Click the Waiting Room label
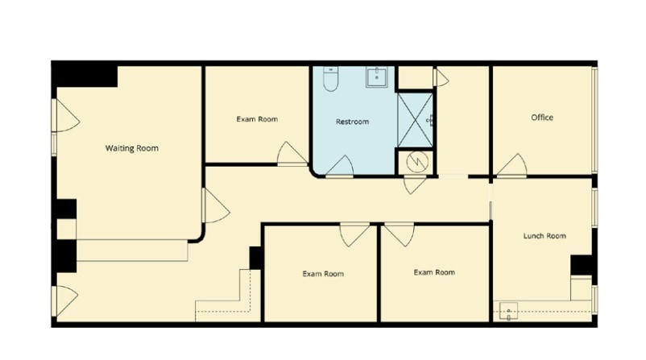pyautogui.click(x=131, y=148)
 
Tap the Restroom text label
pyautogui.click(x=352, y=122)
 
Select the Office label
pyautogui.click(x=542, y=118)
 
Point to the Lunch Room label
pyautogui.click(x=545, y=236)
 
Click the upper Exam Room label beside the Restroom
pyautogui.click(x=257, y=119)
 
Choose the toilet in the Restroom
pyautogui.click(x=330, y=78)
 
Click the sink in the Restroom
pyautogui.click(x=377, y=77)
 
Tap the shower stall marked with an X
pyautogui.click(x=416, y=120)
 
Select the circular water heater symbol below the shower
pyautogui.click(x=416, y=162)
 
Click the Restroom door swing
pyautogui.click(x=340, y=166)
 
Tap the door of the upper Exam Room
pyautogui.click(x=292, y=154)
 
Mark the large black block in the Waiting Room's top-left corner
pyautogui.click(x=85, y=75)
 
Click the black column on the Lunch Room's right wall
pyautogui.click(x=582, y=265)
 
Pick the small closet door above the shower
pyautogui.click(x=441, y=77)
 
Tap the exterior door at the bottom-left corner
pyautogui.click(x=64, y=300)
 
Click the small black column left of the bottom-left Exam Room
pyautogui.click(x=256, y=258)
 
